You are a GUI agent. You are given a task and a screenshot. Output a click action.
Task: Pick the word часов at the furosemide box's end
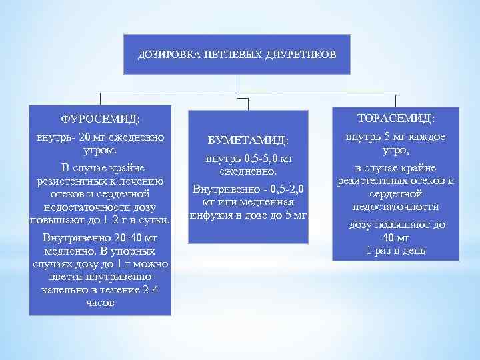[100, 302]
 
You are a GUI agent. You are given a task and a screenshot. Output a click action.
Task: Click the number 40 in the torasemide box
[396, 238]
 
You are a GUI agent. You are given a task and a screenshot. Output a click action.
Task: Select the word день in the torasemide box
[413, 251]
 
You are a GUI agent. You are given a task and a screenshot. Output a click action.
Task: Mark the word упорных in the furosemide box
[133, 251]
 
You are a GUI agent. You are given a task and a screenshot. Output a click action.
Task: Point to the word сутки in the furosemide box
[153, 219]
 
